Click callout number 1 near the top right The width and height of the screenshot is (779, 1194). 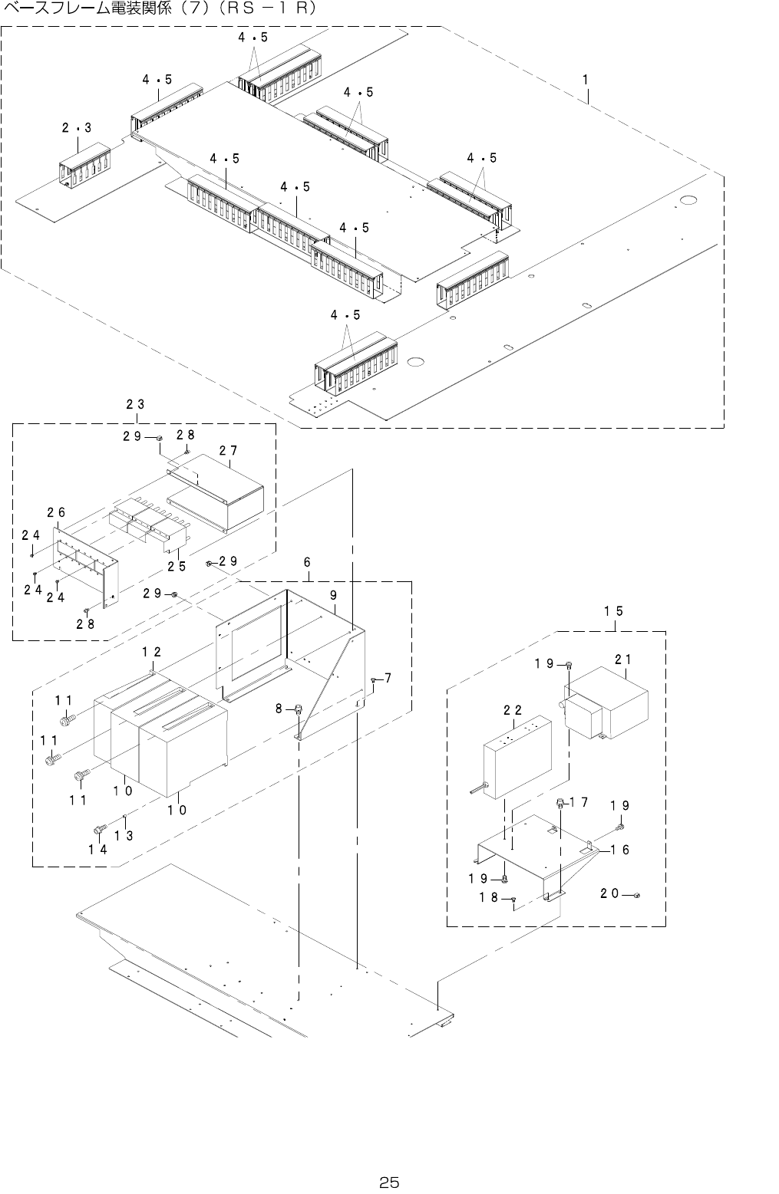pyautogui.click(x=585, y=79)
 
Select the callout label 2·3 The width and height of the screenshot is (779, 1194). pyautogui.click(x=77, y=128)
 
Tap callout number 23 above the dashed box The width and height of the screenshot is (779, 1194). pyautogui.click(x=136, y=404)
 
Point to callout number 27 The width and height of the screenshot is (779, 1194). pyautogui.click(x=227, y=452)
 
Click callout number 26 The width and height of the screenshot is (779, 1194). pyautogui.click(x=55, y=512)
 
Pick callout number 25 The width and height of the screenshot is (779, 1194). pyautogui.click(x=177, y=567)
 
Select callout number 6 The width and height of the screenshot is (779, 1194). pyautogui.click(x=307, y=562)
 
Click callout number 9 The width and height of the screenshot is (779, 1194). pyautogui.click(x=334, y=594)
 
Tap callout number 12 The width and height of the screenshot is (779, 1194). pyautogui.click(x=151, y=652)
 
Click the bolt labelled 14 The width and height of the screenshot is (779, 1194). pyautogui.click(x=99, y=829)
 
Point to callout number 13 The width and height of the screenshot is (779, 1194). pyautogui.click(x=124, y=835)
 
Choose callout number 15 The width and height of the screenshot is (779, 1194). pyautogui.click(x=612, y=611)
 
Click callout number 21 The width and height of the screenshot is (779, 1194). pyautogui.click(x=622, y=659)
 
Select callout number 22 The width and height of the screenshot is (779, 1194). pyautogui.click(x=513, y=711)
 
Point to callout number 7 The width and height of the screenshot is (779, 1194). pyautogui.click(x=388, y=678)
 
